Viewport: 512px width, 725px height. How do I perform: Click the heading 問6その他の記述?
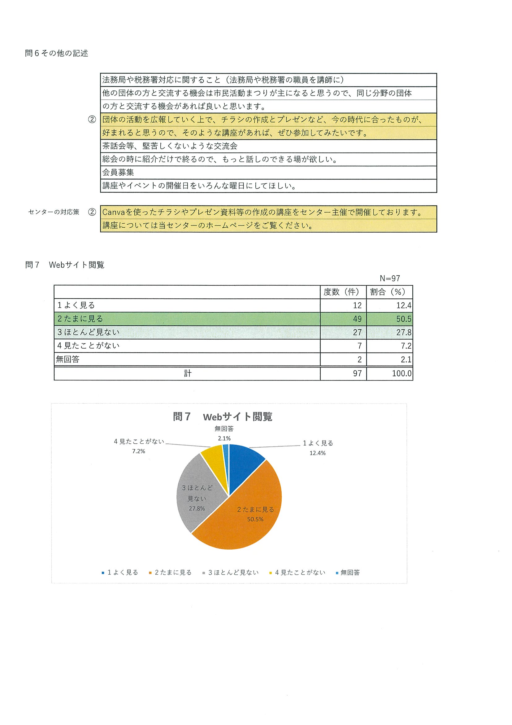click(x=56, y=53)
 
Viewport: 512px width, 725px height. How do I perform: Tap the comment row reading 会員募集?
click(x=118, y=172)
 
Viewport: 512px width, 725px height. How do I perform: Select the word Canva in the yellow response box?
click(x=114, y=212)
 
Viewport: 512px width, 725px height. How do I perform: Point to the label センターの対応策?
click(x=54, y=212)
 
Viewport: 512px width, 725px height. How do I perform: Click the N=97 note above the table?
click(x=390, y=278)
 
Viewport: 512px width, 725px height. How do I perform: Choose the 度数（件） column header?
click(x=343, y=292)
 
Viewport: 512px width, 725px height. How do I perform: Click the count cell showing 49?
click(x=357, y=319)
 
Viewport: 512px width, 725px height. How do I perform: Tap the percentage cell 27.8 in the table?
click(x=403, y=332)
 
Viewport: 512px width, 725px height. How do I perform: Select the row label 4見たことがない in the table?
click(x=88, y=346)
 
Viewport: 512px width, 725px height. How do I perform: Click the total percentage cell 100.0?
click(x=401, y=374)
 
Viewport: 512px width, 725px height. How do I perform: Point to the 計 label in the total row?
click(x=187, y=374)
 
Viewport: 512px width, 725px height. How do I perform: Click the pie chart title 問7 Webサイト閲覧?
click(x=222, y=417)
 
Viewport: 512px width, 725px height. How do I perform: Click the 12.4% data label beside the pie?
click(x=317, y=453)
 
